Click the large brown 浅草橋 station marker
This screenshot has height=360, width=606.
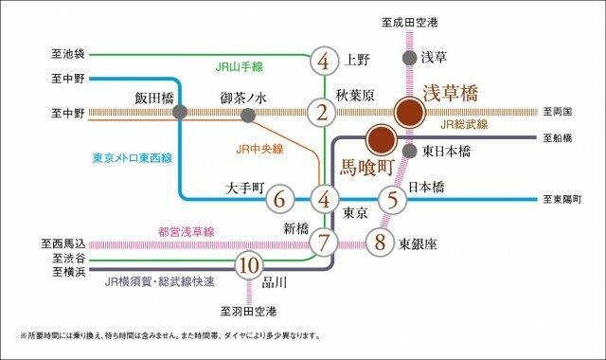click(x=409, y=113)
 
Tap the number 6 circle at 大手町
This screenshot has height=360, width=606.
click(x=278, y=201)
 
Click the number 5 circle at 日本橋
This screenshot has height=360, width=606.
click(x=392, y=200)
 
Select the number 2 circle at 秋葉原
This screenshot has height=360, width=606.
click(x=325, y=114)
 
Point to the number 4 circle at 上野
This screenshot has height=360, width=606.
click(x=325, y=63)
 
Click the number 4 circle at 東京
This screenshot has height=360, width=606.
click(x=325, y=201)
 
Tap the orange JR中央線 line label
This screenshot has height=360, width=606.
click(x=259, y=148)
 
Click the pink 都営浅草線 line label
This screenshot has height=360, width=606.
click(x=186, y=231)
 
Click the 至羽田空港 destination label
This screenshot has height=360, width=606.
click(x=248, y=310)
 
